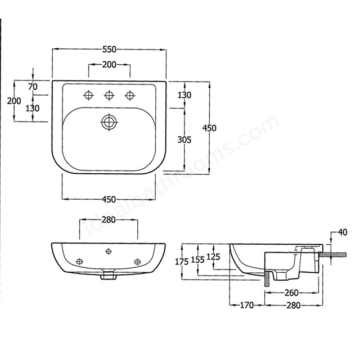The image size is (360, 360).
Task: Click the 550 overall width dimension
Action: coord(109,49)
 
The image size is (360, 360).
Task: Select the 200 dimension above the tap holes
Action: coord(109,65)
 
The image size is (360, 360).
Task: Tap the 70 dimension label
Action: coord(32,87)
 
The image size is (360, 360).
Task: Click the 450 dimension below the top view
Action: coord(109,199)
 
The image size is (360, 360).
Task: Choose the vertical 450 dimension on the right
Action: coord(209,128)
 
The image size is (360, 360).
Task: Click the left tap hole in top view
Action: coord(88,94)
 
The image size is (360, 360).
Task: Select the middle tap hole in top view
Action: coord(109,94)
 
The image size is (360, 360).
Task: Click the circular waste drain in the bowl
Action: coord(109,121)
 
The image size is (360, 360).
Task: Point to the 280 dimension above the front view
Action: coord(109,219)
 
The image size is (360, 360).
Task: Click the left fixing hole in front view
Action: coord(79,260)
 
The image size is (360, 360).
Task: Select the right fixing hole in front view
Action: coord(138,260)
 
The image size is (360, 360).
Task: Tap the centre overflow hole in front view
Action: coord(109,251)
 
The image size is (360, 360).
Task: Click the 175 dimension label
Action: coord(181,261)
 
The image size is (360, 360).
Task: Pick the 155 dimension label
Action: coord(197,259)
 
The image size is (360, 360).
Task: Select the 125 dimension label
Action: coord(213,257)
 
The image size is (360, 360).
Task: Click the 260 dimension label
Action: coord(291,293)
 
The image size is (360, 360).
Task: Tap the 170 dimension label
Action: coord(247,305)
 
